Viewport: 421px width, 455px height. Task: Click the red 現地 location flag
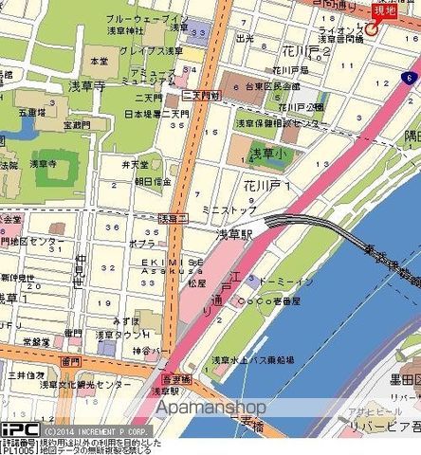386,9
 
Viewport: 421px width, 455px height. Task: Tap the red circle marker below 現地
373,28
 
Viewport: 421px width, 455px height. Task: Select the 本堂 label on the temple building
99,60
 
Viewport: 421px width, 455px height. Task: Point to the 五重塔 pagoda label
31,112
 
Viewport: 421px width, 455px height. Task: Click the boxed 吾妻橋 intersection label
168,378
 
